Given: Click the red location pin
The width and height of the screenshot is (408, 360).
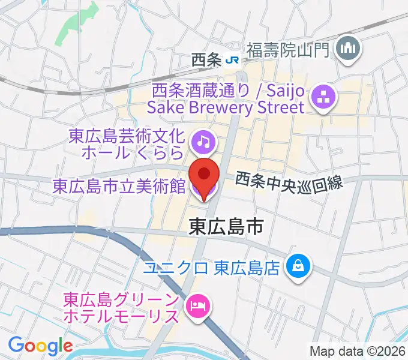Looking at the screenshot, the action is [x=204, y=176].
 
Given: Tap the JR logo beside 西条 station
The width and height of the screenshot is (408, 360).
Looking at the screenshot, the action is [x=232, y=59].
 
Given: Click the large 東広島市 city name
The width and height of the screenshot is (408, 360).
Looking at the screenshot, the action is [x=227, y=226].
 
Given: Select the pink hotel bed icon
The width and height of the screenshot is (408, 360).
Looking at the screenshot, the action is [x=197, y=306].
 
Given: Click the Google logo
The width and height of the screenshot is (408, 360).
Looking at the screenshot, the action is [x=40, y=345].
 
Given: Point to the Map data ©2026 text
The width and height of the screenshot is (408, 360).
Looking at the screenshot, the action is [x=357, y=351].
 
